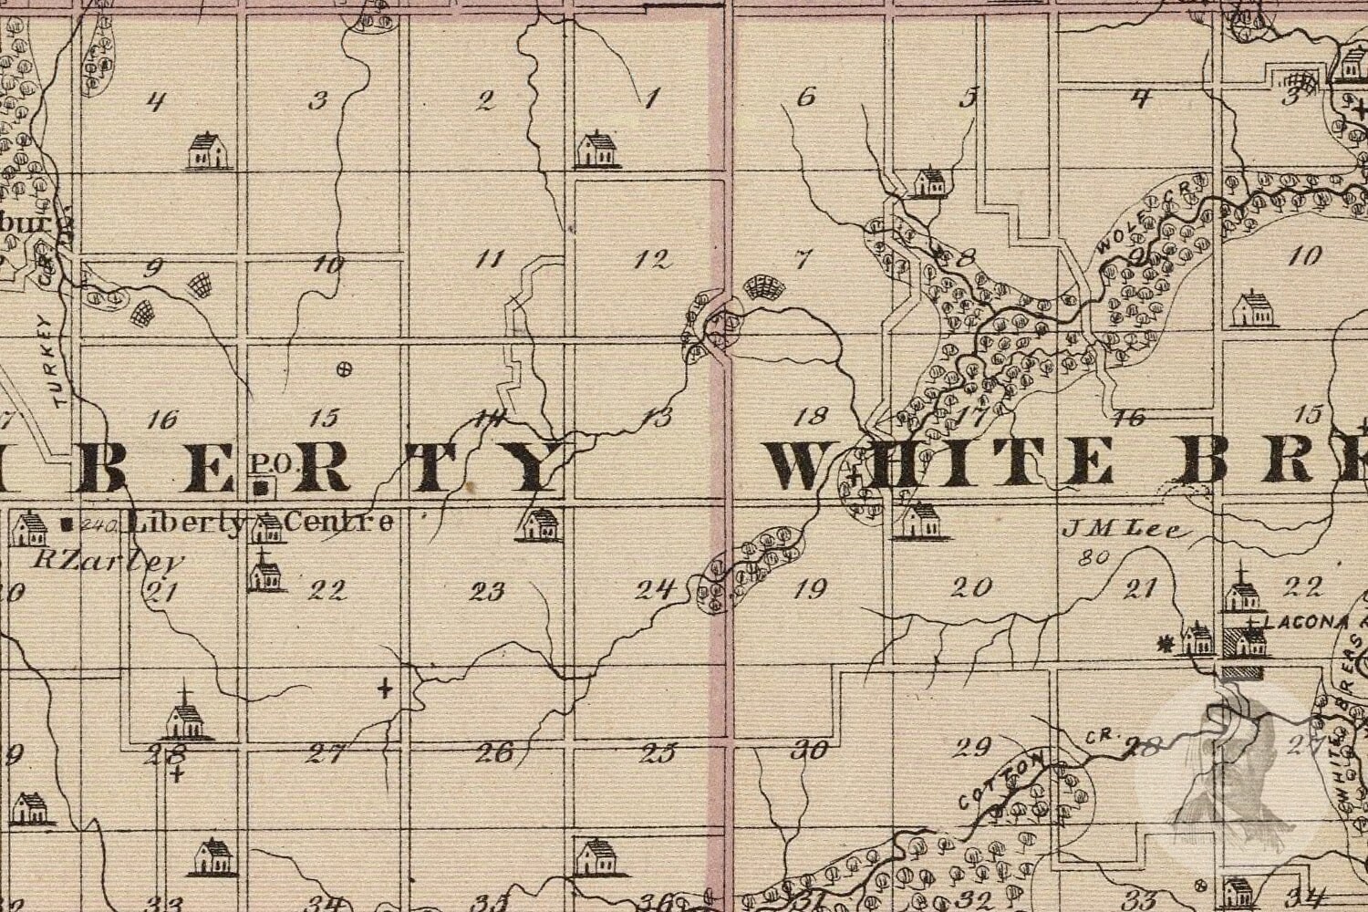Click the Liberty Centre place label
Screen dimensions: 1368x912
(263, 523)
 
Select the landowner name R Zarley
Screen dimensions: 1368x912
(109, 559)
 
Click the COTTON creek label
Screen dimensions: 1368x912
(1000, 780)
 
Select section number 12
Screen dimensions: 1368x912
(652, 259)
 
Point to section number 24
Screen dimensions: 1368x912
(655, 589)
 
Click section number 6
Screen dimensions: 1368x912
(805, 97)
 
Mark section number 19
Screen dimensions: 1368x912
(810, 589)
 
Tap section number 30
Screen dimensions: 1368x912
(810, 751)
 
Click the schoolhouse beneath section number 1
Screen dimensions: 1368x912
(597, 150)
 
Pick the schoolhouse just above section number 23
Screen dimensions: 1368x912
(540, 524)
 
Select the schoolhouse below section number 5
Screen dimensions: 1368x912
(930, 181)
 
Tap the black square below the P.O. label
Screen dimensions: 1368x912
(264, 489)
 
